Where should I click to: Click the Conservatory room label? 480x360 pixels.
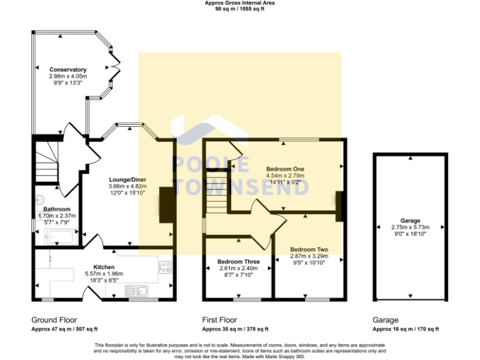67,69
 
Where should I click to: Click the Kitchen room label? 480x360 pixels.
104,267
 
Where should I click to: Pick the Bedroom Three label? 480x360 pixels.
238,261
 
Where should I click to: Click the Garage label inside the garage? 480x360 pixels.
410,221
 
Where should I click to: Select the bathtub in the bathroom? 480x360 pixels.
61,237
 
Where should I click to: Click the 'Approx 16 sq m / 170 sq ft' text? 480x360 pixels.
406,329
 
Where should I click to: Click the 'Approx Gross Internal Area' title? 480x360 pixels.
239,3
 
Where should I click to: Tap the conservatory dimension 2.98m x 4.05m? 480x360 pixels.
67,76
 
